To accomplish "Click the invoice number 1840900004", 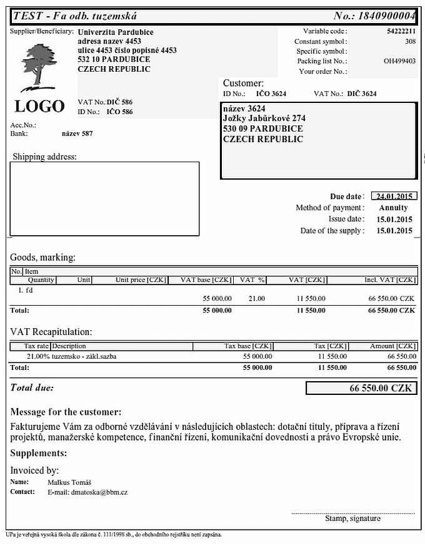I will pos(383,16).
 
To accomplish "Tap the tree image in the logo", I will pos(40,65).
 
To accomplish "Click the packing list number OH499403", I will pos(399,61).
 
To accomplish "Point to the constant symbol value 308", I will pos(410,41).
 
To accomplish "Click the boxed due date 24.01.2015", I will pos(394,196).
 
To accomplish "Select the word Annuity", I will pos(393,208).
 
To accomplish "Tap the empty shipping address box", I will pos(104,198).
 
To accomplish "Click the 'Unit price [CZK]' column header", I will pos(141,280).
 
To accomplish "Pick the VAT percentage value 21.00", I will pos(256,298).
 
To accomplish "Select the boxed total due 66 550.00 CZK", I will pos(361,388).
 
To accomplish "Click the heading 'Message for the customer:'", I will pos(66,412).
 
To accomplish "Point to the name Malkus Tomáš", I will pos(69,482).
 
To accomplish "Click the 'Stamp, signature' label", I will pos(352,518).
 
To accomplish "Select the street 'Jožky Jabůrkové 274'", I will pos(264,119).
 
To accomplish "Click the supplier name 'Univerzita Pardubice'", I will pos(116,32).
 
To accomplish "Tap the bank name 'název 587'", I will pos(77,134).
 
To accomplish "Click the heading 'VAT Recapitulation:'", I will pos(51,332).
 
